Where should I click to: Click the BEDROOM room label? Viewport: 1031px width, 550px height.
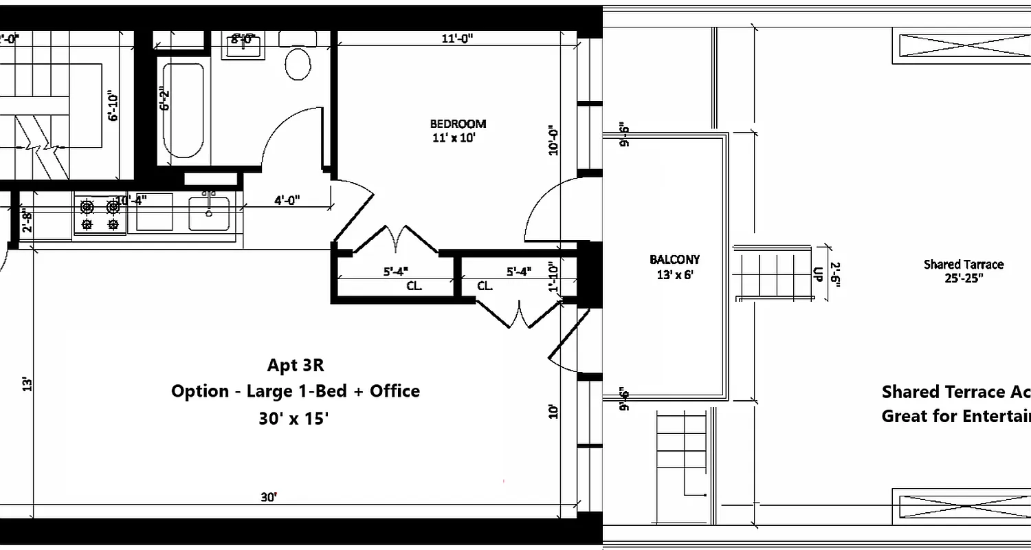pyautogui.click(x=458, y=124)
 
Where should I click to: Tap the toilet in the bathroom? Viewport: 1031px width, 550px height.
pyautogui.click(x=298, y=63)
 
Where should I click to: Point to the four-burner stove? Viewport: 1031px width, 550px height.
pyautogui.click(x=100, y=215)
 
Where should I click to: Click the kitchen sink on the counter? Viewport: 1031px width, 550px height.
pyautogui.click(x=210, y=214)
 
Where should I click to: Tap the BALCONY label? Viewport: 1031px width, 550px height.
pyautogui.click(x=674, y=260)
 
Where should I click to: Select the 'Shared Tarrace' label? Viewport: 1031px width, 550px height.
pyautogui.click(x=963, y=265)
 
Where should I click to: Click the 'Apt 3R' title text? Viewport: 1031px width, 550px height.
pyautogui.click(x=296, y=365)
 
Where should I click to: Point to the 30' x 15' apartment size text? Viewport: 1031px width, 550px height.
pyautogui.click(x=293, y=418)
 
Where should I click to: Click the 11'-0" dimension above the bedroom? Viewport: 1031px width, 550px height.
pyautogui.click(x=457, y=39)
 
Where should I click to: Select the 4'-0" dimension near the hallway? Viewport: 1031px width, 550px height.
pyautogui.click(x=287, y=201)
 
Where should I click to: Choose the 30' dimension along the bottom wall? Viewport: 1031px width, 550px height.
pyautogui.click(x=269, y=496)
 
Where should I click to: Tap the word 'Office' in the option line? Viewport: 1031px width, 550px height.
pyautogui.click(x=395, y=391)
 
